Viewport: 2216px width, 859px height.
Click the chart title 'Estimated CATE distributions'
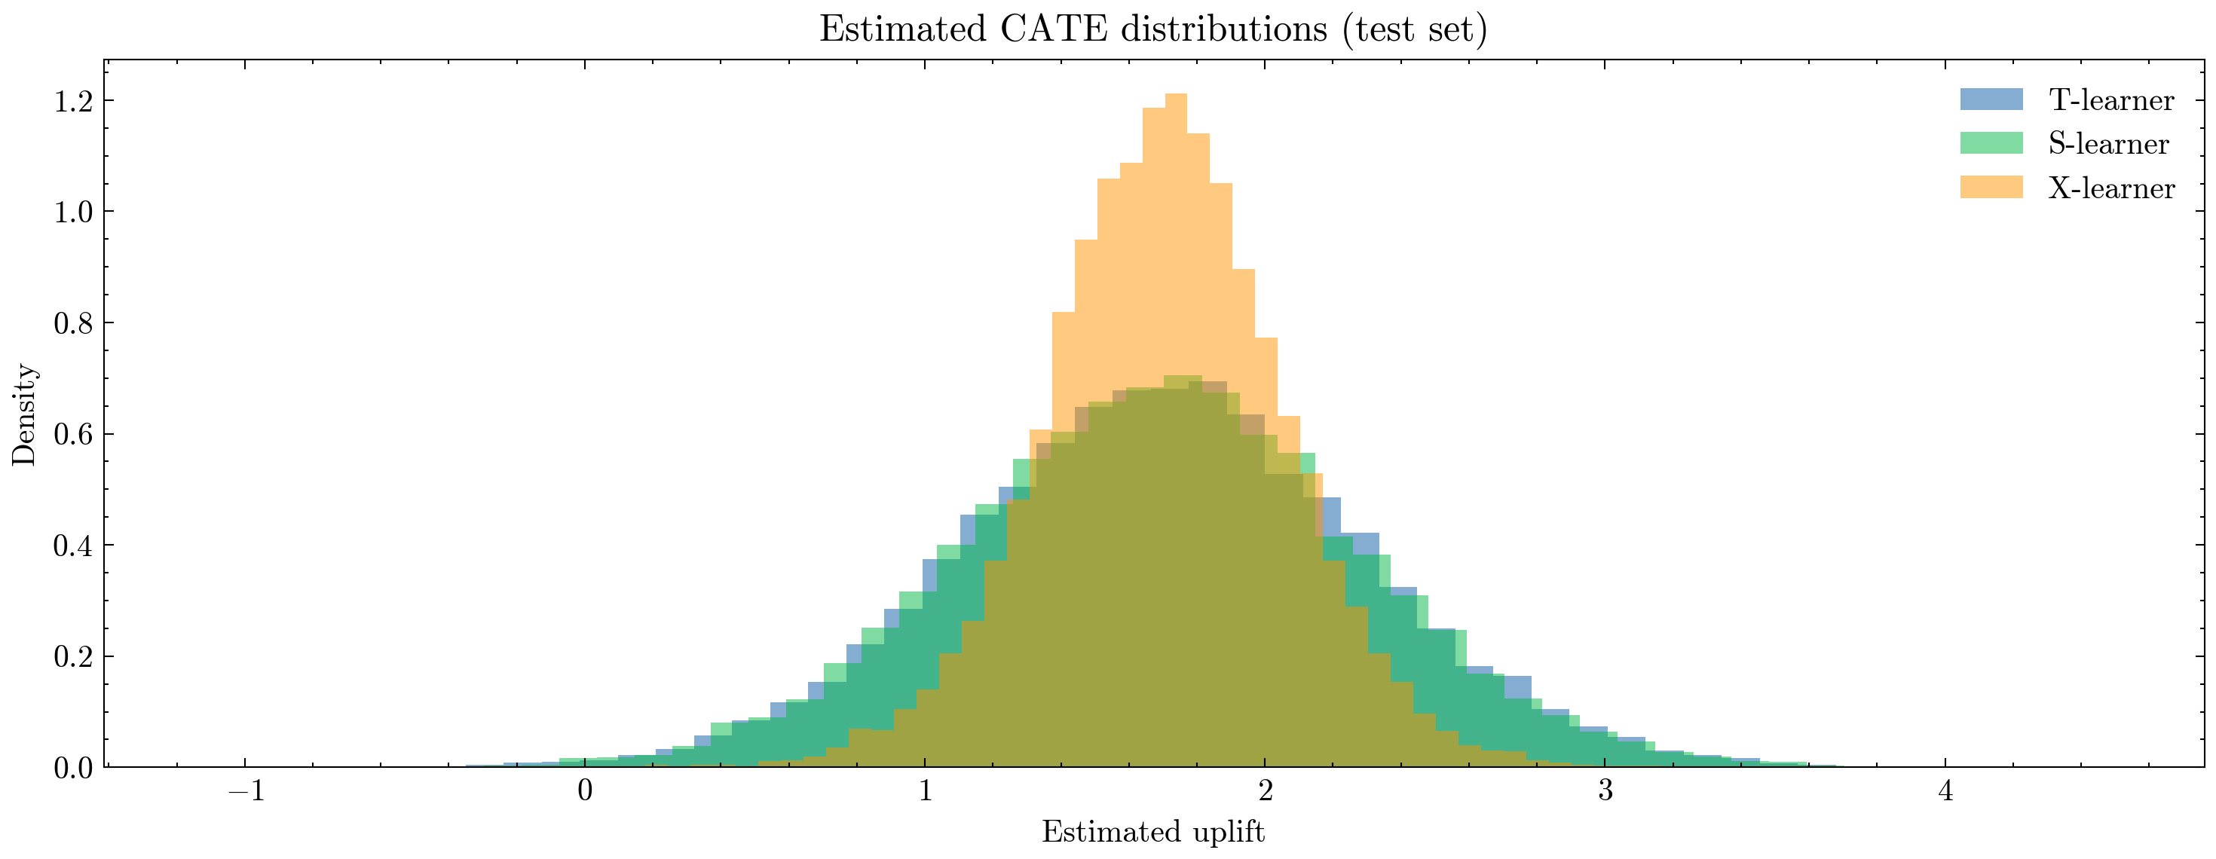1152,29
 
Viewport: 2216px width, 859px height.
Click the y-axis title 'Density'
24,414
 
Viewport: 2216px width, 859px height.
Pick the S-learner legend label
2108,144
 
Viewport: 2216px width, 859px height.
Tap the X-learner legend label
2111,188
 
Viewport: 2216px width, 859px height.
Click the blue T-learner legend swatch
1991,99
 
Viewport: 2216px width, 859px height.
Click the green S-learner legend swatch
1991,144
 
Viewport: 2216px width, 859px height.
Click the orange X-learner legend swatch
1991,188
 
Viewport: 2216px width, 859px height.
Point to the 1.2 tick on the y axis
73,102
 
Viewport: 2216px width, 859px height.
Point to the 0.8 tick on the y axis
73,323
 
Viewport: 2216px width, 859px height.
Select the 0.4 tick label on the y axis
73,545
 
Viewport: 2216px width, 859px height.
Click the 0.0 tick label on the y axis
73,767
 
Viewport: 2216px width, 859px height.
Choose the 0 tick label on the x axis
585,790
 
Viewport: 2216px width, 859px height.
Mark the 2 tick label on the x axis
1266,790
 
